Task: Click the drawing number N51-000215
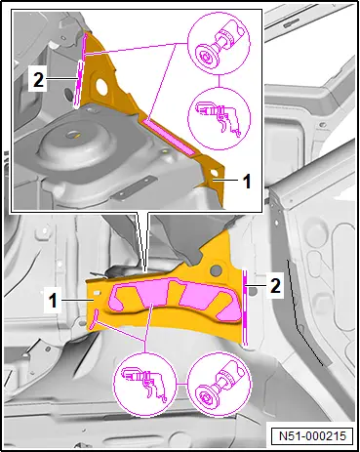(x=311, y=436)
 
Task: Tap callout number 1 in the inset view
(x=247, y=182)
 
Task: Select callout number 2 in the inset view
(x=38, y=80)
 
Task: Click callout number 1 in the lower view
(x=53, y=301)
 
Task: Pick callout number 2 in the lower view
(x=275, y=286)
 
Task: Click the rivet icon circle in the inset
(x=219, y=43)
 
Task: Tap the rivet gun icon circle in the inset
(x=220, y=117)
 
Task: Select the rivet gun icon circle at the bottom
(x=144, y=383)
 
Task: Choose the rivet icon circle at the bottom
(x=220, y=383)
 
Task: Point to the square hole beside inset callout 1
(x=214, y=173)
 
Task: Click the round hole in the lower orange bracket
(x=215, y=269)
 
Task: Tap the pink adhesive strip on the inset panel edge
(x=169, y=137)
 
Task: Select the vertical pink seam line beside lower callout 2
(x=245, y=307)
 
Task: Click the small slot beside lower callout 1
(x=97, y=293)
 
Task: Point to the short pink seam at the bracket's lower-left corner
(x=96, y=318)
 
